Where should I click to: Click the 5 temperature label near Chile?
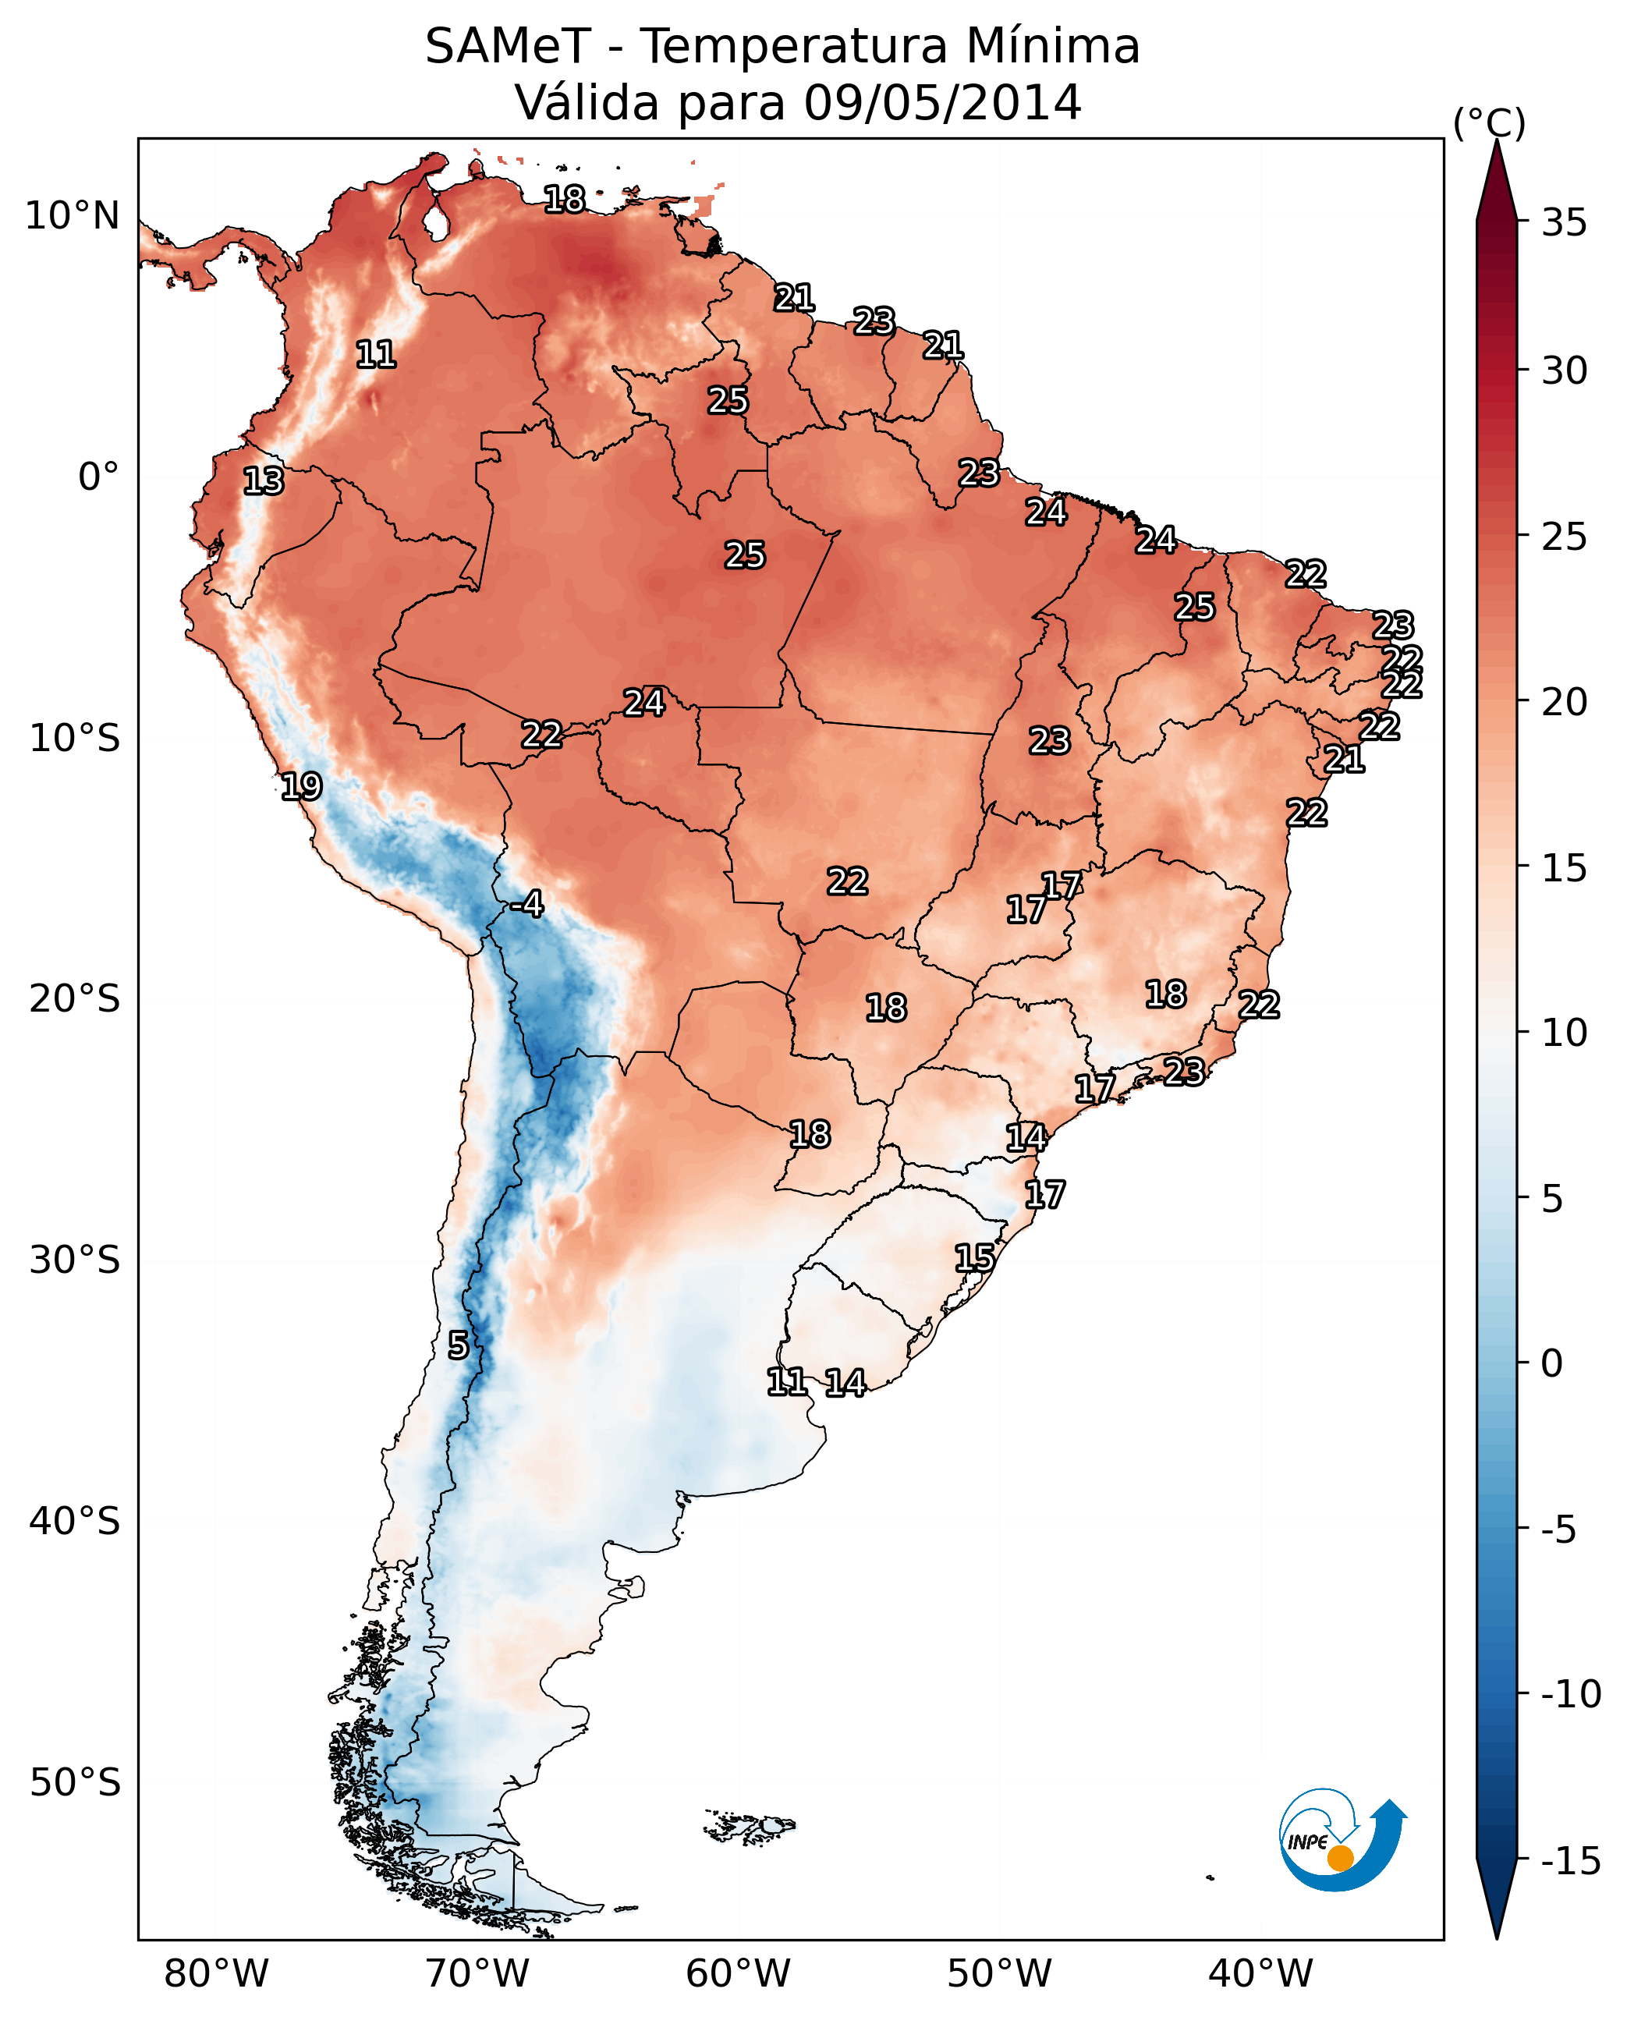[457, 1345]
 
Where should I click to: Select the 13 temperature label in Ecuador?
[264, 480]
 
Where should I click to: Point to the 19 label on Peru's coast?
[301, 785]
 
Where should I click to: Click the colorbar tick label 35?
[1564, 223]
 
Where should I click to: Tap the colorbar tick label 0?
[1552, 1363]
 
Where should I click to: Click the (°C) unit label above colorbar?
[1489, 122]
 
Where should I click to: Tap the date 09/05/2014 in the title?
[942, 102]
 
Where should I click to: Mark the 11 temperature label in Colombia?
[376, 354]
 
